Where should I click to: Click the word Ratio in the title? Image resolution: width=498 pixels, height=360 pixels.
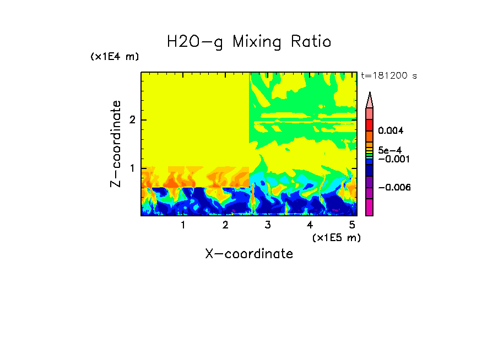click(311, 41)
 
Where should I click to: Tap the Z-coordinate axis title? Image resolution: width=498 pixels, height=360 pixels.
click(116, 144)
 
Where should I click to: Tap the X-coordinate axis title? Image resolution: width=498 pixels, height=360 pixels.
click(249, 254)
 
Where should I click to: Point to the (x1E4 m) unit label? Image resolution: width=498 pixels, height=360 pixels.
click(115, 57)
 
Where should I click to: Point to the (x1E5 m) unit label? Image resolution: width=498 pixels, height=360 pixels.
click(336, 237)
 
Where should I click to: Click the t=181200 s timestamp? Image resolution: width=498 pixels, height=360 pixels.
click(388, 75)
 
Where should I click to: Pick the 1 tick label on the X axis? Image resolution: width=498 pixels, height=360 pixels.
click(183, 225)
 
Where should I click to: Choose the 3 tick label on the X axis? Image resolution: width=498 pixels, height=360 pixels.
click(268, 225)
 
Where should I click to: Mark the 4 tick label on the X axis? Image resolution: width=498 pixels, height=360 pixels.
click(310, 225)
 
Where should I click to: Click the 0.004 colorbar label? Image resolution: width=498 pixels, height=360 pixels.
click(391, 131)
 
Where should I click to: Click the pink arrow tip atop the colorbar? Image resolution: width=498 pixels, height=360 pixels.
click(370, 99)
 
